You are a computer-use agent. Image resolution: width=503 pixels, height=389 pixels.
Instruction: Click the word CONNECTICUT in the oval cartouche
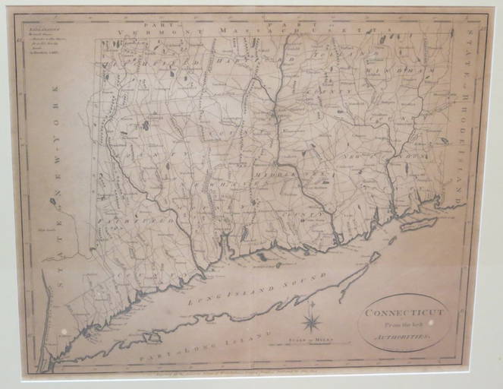403,312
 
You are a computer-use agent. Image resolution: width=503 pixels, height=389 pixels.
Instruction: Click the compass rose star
312,320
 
